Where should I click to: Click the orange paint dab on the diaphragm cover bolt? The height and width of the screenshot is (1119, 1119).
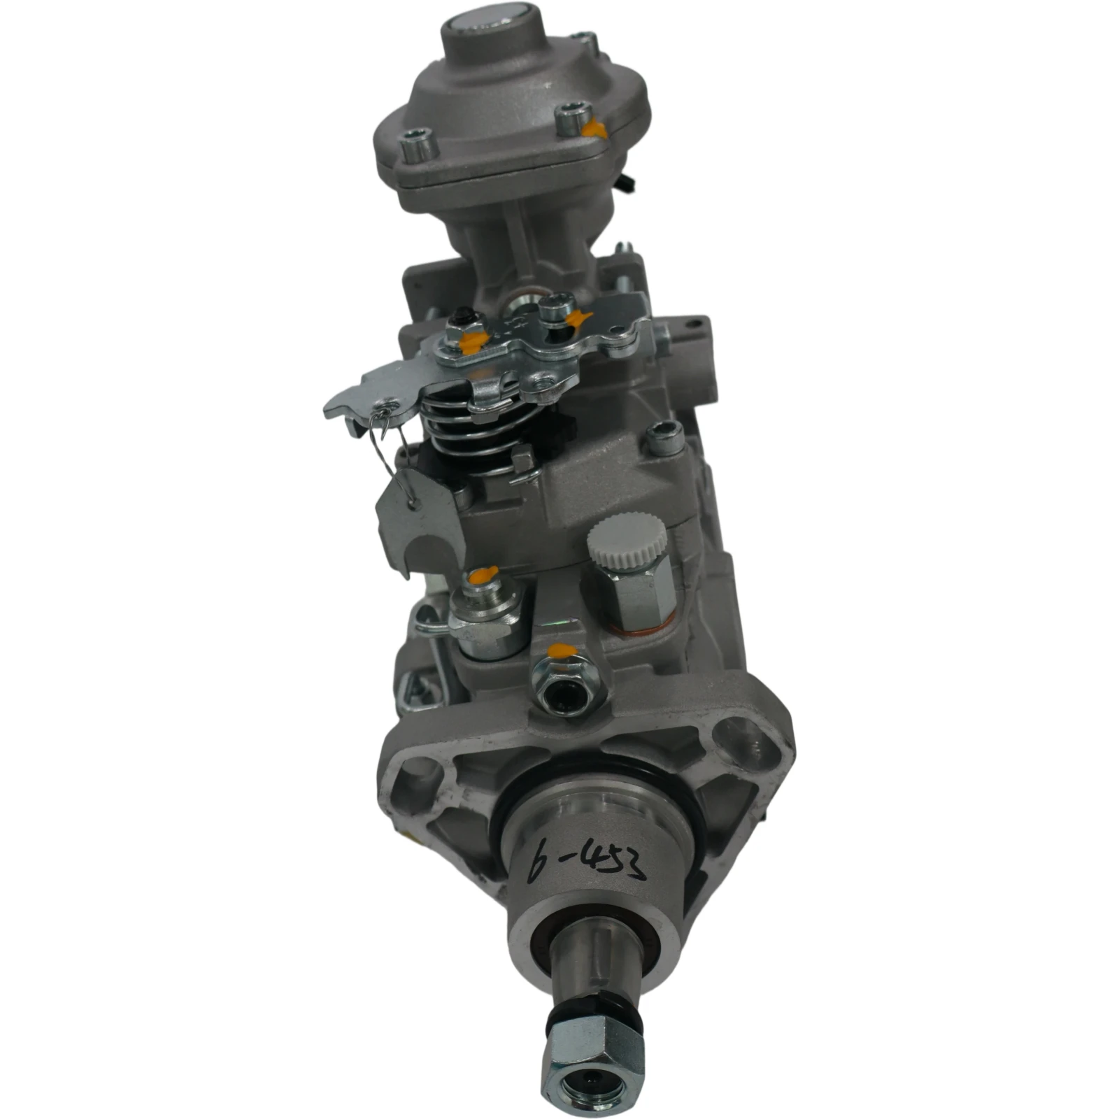[594, 128]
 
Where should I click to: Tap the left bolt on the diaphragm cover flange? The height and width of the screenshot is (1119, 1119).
[419, 145]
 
